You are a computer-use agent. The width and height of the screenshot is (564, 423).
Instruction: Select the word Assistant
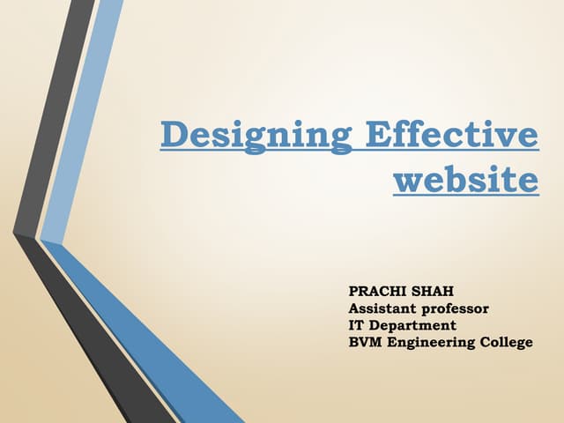(384, 308)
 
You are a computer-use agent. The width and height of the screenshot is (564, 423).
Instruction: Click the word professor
(457, 309)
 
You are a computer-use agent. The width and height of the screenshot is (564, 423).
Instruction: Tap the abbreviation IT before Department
(357, 324)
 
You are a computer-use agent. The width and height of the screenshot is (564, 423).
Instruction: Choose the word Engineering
(434, 342)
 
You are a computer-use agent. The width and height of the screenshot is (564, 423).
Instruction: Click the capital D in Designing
(174, 137)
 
